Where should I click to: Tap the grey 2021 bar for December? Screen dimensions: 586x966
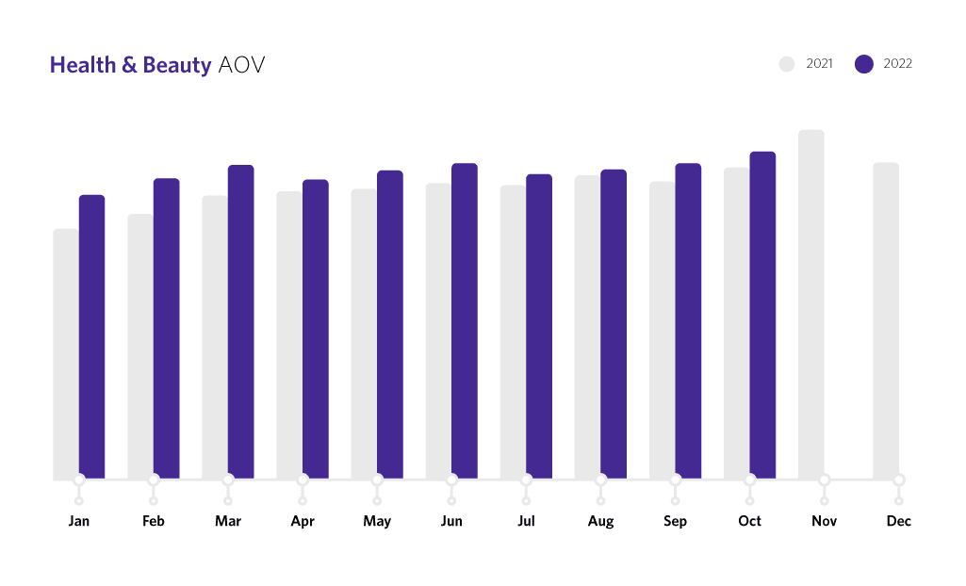pyautogui.click(x=886, y=320)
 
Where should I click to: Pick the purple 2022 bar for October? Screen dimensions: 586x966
pyautogui.click(x=762, y=315)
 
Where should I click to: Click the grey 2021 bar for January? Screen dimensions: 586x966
pyautogui.click(x=66, y=353)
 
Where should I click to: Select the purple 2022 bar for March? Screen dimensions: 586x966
pyautogui.click(x=241, y=321)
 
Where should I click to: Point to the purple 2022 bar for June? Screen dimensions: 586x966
pyautogui.click(x=465, y=320)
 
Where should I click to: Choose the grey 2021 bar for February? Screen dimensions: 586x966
pyautogui.click(x=140, y=346)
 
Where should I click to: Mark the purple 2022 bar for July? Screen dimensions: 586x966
pyautogui.click(x=539, y=326)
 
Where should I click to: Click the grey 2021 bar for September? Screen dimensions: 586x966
pyautogui.click(x=663, y=330)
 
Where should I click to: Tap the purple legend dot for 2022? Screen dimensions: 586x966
pyautogui.click(x=864, y=64)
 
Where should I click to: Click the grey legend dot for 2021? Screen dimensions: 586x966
pyautogui.click(x=788, y=64)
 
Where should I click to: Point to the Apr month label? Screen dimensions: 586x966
pyautogui.click(x=303, y=521)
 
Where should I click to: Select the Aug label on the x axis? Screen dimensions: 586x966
pyautogui.click(x=600, y=521)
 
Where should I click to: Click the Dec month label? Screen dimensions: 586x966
pyautogui.click(x=899, y=521)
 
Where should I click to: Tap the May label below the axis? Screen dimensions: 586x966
pyautogui.click(x=377, y=521)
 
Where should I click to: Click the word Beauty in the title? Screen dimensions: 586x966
pyautogui.click(x=176, y=65)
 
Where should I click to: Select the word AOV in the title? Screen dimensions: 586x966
pyautogui.click(x=241, y=65)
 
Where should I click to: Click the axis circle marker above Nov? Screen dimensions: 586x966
pyautogui.click(x=825, y=480)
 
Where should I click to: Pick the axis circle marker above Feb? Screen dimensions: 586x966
pyautogui.click(x=154, y=480)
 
